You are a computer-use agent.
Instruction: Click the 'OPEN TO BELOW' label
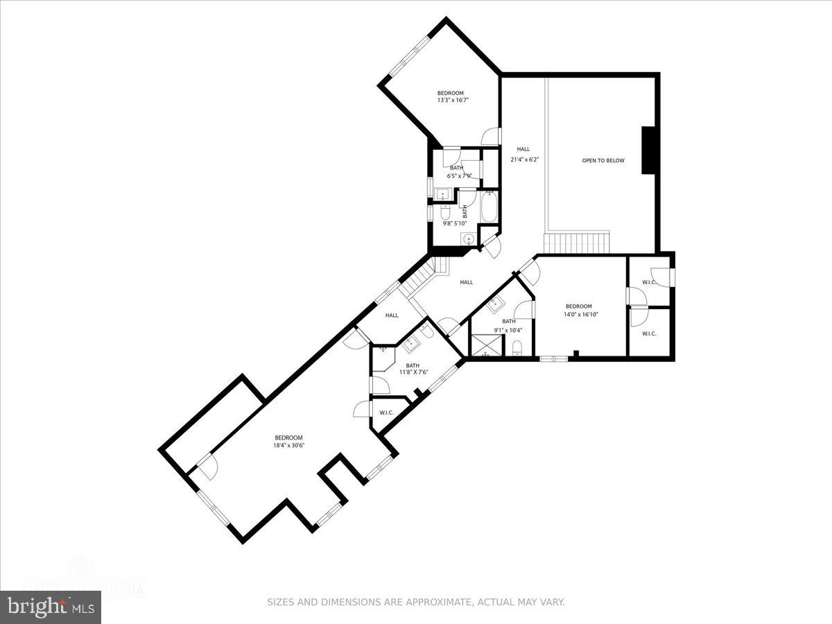(603, 161)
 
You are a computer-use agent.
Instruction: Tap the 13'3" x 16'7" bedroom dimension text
(450, 101)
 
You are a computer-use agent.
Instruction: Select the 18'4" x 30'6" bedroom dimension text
(288, 446)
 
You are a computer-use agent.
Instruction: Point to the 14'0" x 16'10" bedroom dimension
(578, 314)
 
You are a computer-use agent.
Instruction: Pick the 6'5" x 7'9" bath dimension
(456, 175)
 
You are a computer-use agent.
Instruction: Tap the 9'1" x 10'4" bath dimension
(509, 329)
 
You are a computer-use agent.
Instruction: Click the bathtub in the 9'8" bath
(488, 207)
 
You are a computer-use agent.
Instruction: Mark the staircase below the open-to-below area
(578, 243)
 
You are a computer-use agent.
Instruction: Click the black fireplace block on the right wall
(648, 150)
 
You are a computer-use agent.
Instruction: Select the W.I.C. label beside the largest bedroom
(386, 413)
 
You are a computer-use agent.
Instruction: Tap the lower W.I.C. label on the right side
(649, 333)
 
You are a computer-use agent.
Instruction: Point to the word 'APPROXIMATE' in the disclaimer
(435, 603)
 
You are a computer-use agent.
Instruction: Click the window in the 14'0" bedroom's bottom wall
(553, 358)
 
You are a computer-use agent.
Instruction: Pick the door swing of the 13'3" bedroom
(490, 137)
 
